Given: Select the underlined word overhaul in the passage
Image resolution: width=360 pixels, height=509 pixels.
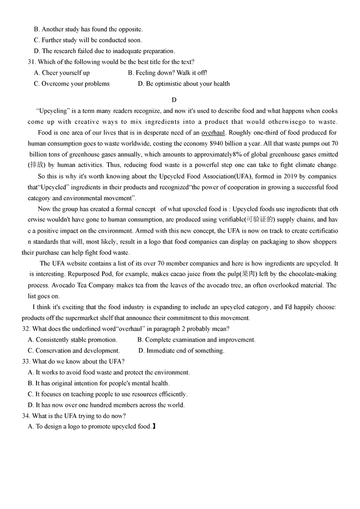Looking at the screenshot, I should click(x=213, y=133).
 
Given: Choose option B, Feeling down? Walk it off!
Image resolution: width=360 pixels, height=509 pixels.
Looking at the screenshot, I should click(x=167, y=73).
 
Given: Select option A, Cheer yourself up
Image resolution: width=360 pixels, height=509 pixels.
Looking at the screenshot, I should click(x=62, y=73).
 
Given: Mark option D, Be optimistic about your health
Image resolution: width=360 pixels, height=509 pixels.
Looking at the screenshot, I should click(x=184, y=84).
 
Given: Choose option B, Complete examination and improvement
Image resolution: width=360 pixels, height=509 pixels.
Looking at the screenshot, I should click(x=196, y=340).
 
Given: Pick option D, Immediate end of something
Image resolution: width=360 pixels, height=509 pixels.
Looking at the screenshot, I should click(x=181, y=351).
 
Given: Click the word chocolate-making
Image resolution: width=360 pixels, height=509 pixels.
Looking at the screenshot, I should click(x=311, y=274).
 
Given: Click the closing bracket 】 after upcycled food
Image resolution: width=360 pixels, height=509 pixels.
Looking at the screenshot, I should click(x=154, y=427).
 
